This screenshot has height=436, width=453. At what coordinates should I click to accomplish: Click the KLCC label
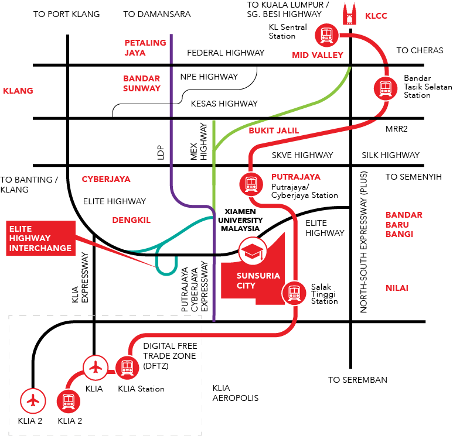(376, 16)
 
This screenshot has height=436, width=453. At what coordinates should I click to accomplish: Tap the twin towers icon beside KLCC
(350, 14)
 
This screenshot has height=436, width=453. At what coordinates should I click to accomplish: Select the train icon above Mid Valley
(326, 35)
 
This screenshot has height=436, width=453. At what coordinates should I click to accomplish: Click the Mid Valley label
(317, 55)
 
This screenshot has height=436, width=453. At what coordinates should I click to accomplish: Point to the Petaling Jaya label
(145, 47)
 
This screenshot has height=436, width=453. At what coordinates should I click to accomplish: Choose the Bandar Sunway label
(142, 83)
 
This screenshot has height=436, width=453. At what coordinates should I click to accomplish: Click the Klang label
(18, 91)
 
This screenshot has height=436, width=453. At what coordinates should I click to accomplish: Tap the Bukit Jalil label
(274, 131)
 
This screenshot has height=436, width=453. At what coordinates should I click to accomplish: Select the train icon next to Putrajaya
(251, 184)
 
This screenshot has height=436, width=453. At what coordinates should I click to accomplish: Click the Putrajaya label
(295, 177)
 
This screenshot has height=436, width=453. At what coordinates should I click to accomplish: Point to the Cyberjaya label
(106, 179)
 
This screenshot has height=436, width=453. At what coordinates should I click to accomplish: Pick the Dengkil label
(131, 220)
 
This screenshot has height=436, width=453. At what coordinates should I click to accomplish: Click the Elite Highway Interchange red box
(41, 238)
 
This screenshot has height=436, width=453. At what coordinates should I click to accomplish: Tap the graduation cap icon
(253, 251)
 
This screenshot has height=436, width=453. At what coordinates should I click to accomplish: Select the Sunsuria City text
(250, 280)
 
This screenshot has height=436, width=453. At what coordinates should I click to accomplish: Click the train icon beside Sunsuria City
(294, 293)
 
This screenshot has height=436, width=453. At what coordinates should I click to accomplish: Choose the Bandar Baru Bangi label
(404, 224)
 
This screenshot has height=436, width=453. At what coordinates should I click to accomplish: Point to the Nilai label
(397, 288)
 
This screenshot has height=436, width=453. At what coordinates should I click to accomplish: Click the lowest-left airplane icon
(33, 401)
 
